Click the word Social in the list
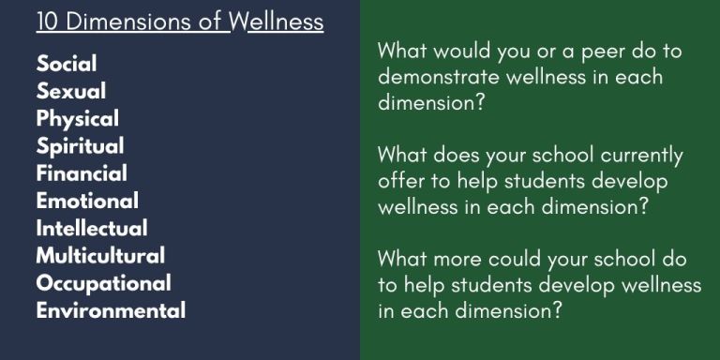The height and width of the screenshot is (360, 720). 67,65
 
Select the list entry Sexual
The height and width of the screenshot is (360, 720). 71,92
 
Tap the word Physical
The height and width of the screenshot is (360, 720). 78,119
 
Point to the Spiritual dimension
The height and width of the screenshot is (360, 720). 80,146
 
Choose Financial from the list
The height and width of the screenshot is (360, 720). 82,173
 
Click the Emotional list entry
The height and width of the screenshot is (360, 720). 87,201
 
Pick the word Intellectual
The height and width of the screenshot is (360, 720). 92,228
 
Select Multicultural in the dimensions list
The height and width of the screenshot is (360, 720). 100,255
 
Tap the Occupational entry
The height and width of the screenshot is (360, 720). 103,283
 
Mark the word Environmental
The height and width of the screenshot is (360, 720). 111,310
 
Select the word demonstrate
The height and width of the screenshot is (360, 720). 440,77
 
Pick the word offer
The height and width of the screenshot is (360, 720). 400,181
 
